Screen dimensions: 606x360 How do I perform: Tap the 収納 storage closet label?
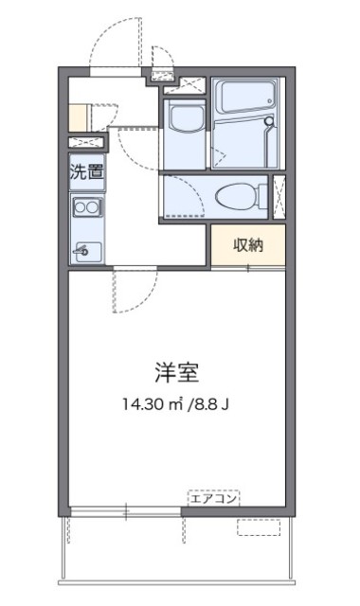click(x=249, y=243)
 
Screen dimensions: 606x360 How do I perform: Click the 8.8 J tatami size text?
click(x=213, y=401)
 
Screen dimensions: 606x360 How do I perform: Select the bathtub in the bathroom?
click(x=243, y=98)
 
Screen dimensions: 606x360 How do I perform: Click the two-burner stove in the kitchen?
click(x=86, y=206)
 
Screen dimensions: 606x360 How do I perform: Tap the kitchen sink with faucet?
click(x=86, y=250)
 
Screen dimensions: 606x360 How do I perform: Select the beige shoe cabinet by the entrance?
click(x=77, y=116)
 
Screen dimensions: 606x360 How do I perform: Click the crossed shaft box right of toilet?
click(x=280, y=198)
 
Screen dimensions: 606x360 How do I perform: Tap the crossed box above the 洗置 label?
click(x=86, y=142)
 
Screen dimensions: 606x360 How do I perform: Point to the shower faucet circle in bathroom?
click(x=268, y=122)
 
